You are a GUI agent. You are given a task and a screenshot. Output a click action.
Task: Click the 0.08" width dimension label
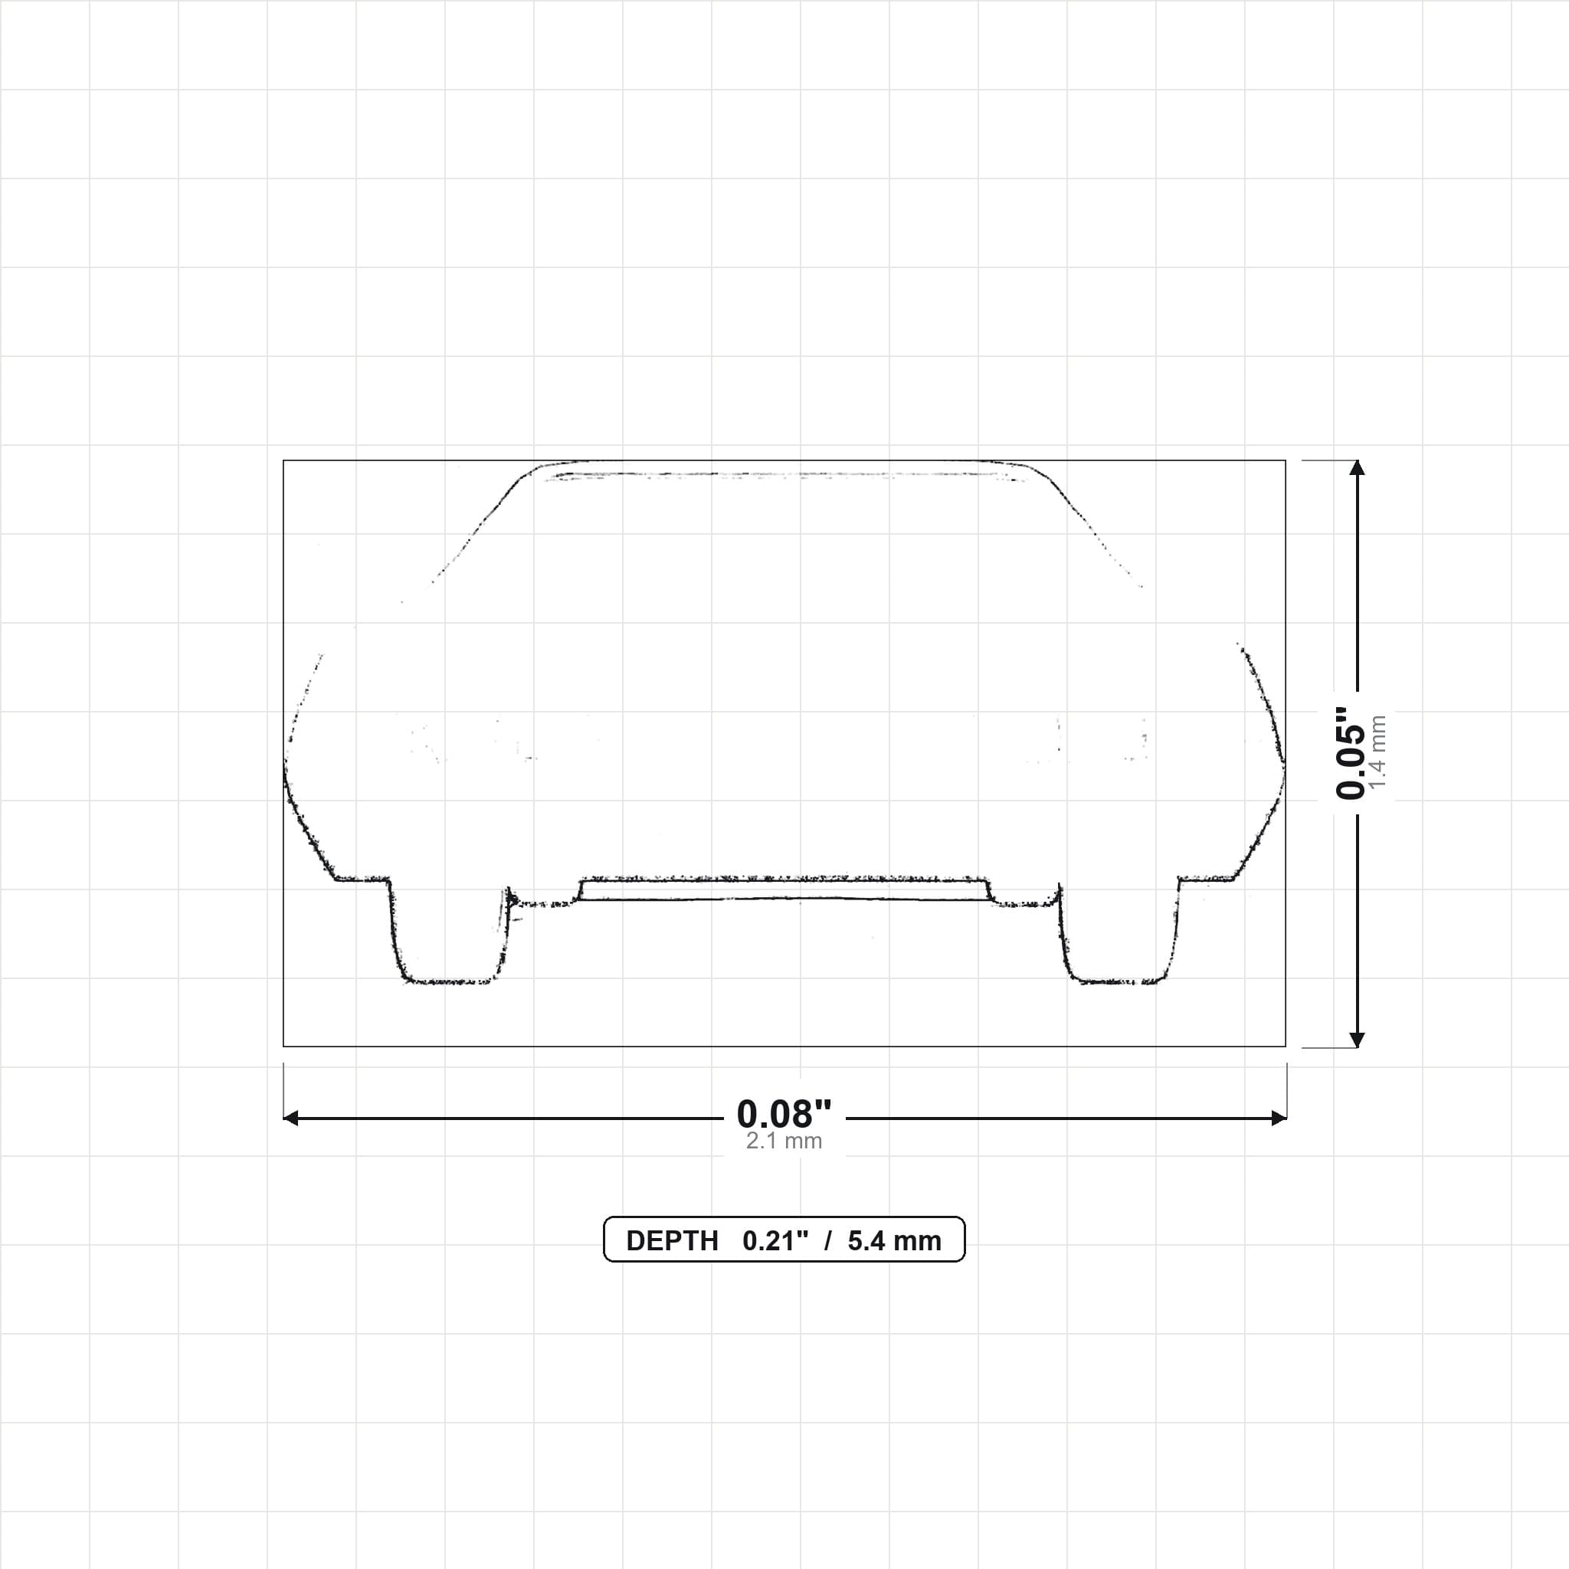pyautogui.click(x=784, y=1113)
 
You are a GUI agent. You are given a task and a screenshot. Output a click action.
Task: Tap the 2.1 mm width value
pyautogui.click(x=784, y=1141)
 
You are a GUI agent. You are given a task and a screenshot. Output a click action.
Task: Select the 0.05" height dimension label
pyautogui.click(x=1351, y=753)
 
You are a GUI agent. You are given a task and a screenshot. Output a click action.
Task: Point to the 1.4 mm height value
pyautogui.click(x=1377, y=752)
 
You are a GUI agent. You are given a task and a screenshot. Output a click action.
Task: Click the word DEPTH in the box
pyautogui.click(x=672, y=1241)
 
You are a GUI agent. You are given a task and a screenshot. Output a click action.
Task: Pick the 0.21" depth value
pyautogui.click(x=775, y=1241)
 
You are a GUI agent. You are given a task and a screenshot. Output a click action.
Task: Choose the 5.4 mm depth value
pyautogui.click(x=894, y=1241)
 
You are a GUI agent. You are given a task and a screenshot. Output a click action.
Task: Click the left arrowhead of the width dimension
pyautogui.click(x=290, y=1119)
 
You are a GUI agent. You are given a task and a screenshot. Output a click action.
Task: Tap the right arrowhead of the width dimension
pyautogui.click(x=1279, y=1119)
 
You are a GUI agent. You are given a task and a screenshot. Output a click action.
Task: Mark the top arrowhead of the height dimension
pyautogui.click(x=1357, y=467)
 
